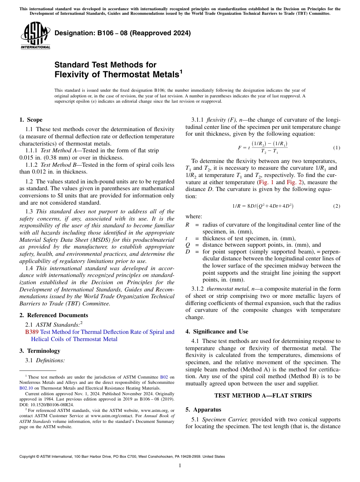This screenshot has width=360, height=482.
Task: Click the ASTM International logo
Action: pyautogui.click(x=35, y=36)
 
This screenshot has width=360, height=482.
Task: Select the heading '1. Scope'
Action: pyautogui.click(x=31, y=120)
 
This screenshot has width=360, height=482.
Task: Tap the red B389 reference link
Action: pyautogui.click(x=31, y=332)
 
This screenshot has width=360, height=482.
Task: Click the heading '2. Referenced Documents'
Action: pyautogui.click(x=53, y=315)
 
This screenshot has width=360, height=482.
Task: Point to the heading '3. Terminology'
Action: pyautogui.click(x=39, y=351)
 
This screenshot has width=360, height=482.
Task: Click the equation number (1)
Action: pyautogui.click(x=337, y=147)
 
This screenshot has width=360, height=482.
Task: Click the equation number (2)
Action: pyautogui.click(x=337, y=206)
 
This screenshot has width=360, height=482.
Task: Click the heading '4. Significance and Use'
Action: pyautogui.click(x=217, y=332)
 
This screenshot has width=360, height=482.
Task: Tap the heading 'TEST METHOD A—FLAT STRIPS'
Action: pyautogui.click(x=263, y=396)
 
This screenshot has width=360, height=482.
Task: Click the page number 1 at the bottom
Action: pyautogui.click(x=180, y=466)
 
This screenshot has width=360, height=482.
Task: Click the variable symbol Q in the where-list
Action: pyautogui.click(x=187, y=245)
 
